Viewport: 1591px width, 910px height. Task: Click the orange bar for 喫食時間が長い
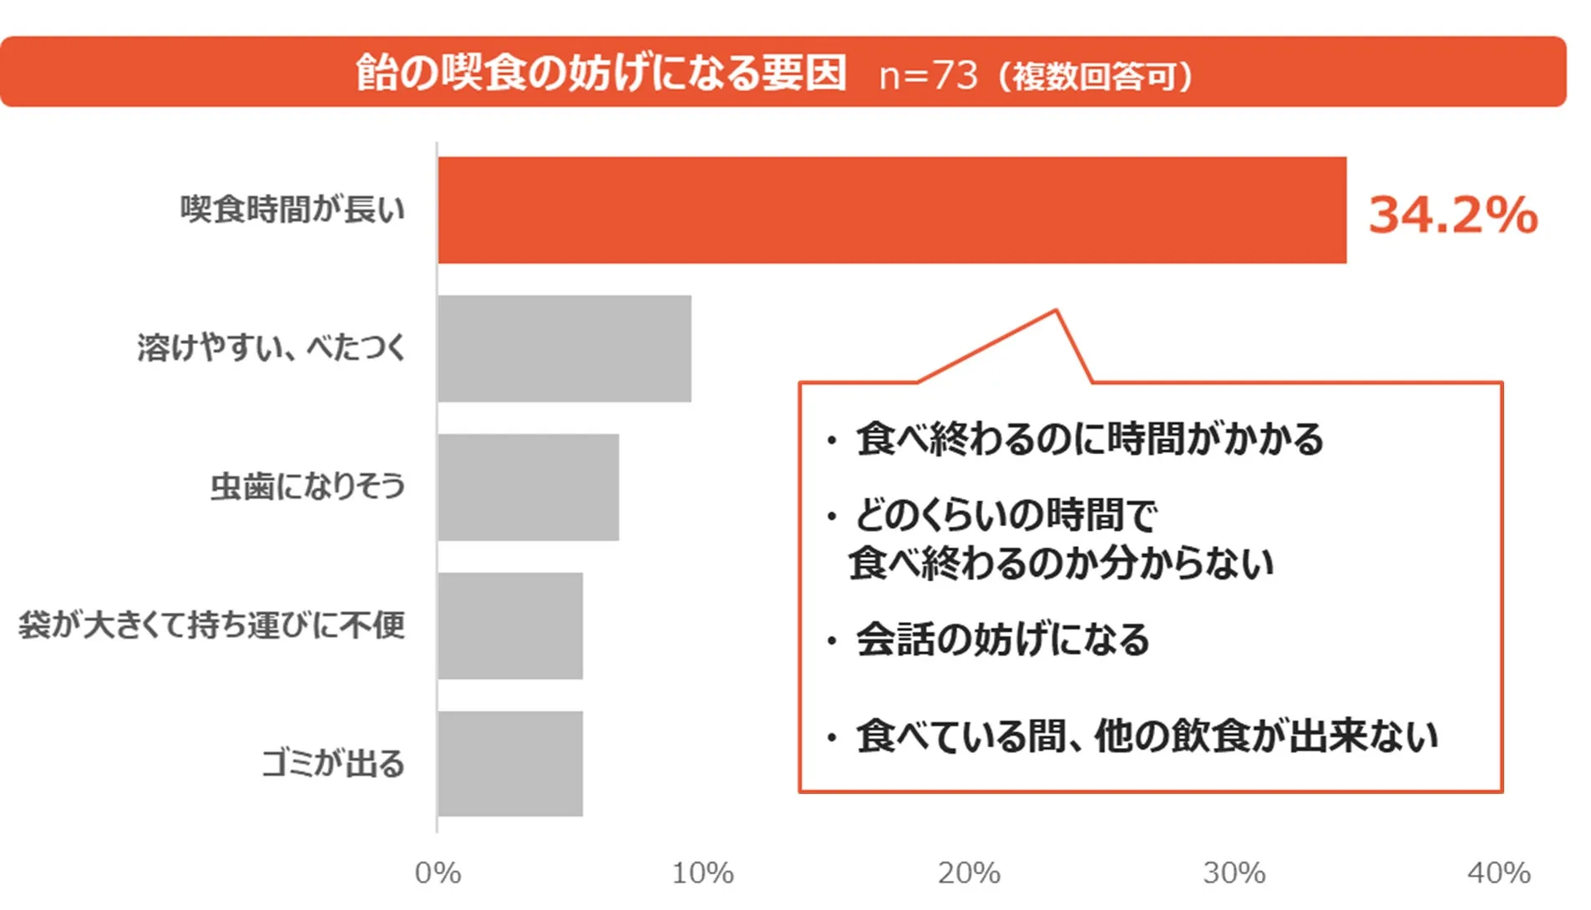coord(891,210)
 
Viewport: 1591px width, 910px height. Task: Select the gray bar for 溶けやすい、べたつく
coord(564,348)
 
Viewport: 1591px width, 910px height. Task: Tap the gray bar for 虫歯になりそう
coord(528,487)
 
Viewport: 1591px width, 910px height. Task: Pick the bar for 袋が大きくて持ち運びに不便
coord(509,625)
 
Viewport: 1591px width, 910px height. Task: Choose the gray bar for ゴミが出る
coord(509,763)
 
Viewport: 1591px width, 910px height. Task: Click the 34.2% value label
coord(1452,215)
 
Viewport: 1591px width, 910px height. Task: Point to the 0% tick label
coord(438,873)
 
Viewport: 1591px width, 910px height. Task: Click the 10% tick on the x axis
coord(702,873)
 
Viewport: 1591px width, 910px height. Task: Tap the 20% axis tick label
coord(968,873)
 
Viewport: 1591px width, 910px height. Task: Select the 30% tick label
coord(1234,873)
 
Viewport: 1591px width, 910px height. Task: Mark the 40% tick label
coord(1498,873)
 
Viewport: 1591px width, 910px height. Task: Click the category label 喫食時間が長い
coord(292,209)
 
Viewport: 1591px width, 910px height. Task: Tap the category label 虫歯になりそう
coord(307,486)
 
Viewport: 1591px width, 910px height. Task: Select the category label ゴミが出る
coord(333,763)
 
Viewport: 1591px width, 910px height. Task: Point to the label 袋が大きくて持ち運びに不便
coord(211,624)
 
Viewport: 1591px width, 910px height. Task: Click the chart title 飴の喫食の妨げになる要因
coord(600,73)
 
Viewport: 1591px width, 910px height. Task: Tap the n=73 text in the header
coord(928,75)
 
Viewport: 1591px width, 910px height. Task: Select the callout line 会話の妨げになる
coord(1002,640)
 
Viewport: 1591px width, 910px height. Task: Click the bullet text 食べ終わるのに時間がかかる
coord(1089,438)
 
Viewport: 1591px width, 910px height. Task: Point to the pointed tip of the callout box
coord(1056,311)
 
